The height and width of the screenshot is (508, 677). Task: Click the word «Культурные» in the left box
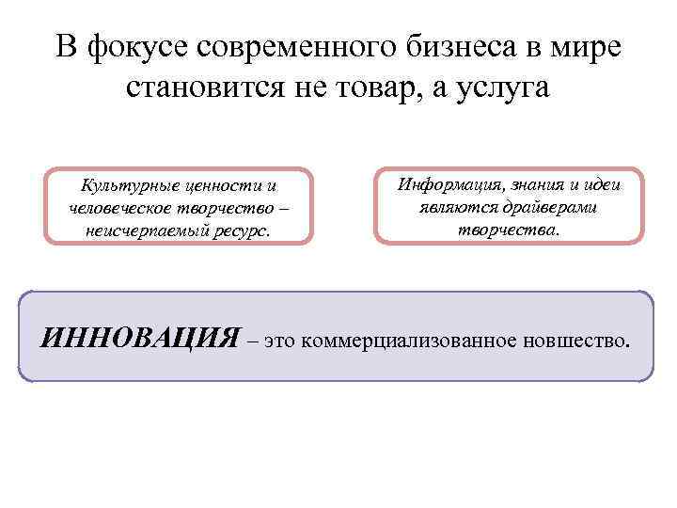click(x=125, y=186)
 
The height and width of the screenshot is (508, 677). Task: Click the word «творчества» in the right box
click(x=507, y=228)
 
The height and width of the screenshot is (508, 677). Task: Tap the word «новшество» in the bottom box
click(x=576, y=340)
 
